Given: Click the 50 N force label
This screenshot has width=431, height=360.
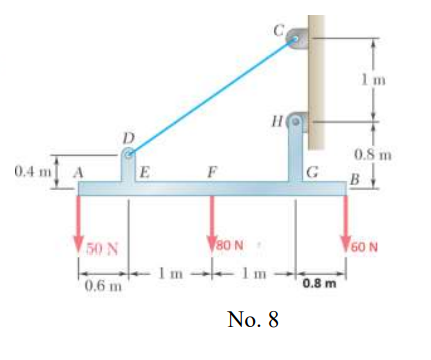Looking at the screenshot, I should coord(104,248).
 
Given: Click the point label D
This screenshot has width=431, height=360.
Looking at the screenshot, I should coord(127,136).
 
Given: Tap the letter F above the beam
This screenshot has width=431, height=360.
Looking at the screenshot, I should coord(212,171).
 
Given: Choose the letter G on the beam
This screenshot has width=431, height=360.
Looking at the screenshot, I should coord(313,172).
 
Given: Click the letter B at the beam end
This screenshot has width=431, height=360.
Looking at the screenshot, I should coord(353,179).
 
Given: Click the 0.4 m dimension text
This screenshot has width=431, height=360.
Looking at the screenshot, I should coord(33,171).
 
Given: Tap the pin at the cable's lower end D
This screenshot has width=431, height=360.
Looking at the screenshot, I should coord(129,155).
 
